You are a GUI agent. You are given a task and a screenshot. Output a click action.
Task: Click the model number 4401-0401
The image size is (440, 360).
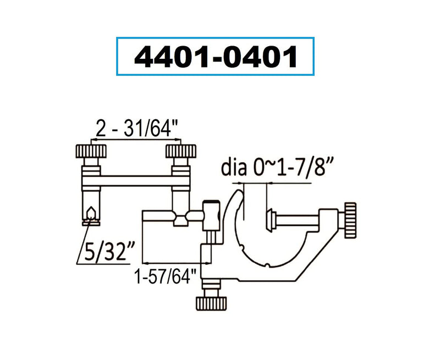click(x=215, y=57)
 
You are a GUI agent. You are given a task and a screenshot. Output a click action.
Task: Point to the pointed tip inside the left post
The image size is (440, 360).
click(x=90, y=212)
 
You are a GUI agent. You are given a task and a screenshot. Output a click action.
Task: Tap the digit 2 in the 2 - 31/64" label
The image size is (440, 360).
click(x=100, y=130)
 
